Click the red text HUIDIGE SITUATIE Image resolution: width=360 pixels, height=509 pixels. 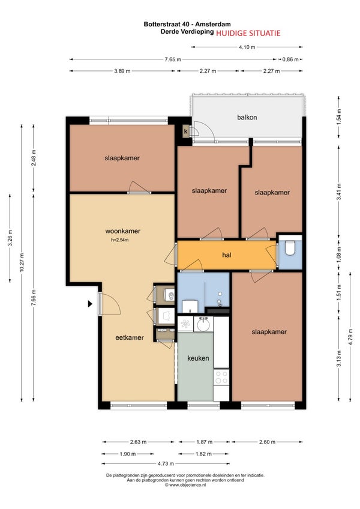pyautogui.click(x=248, y=33)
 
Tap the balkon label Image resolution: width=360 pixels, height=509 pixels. pyautogui.click(x=247, y=117)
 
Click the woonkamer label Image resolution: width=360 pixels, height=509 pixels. pyautogui.click(x=123, y=231)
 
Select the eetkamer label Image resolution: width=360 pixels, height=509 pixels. pyautogui.click(x=130, y=337)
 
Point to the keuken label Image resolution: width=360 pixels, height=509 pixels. pyautogui.click(x=198, y=358)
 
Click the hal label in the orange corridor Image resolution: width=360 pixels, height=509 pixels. pyautogui.click(x=227, y=255)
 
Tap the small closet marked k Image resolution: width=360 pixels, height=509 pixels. pyautogui.click(x=186, y=131)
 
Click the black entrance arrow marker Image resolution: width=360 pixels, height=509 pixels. pyautogui.click(x=90, y=304)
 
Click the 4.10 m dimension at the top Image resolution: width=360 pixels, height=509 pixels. pyautogui.click(x=247, y=47)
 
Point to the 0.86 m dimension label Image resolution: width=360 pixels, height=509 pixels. pyautogui.click(x=290, y=59)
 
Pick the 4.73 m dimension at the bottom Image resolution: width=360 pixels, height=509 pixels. pyautogui.click(x=166, y=463)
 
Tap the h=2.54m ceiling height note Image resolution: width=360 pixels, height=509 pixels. pyautogui.click(x=120, y=240)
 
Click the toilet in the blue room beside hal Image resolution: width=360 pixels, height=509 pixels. pyautogui.click(x=290, y=248)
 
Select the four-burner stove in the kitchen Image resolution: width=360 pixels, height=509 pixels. pyautogui.click(x=221, y=377)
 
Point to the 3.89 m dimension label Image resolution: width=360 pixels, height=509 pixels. pyautogui.click(x=122, y=71)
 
